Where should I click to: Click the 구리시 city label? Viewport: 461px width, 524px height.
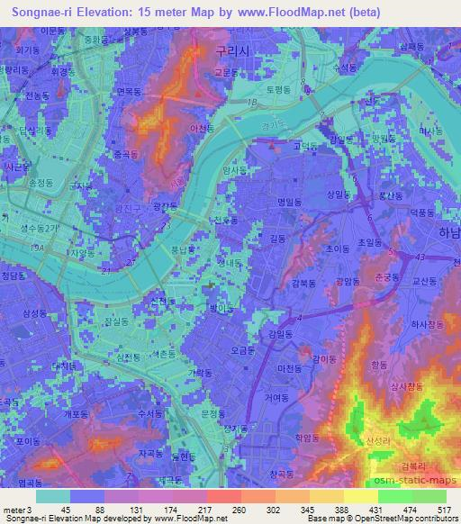pos(225,52)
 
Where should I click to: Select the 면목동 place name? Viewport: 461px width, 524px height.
pos(131,91)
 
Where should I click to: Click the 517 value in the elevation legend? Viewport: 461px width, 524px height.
pos(442,510)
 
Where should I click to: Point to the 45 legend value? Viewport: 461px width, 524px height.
pos(66,510)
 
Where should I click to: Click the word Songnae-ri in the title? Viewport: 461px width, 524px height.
pos(46,12)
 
